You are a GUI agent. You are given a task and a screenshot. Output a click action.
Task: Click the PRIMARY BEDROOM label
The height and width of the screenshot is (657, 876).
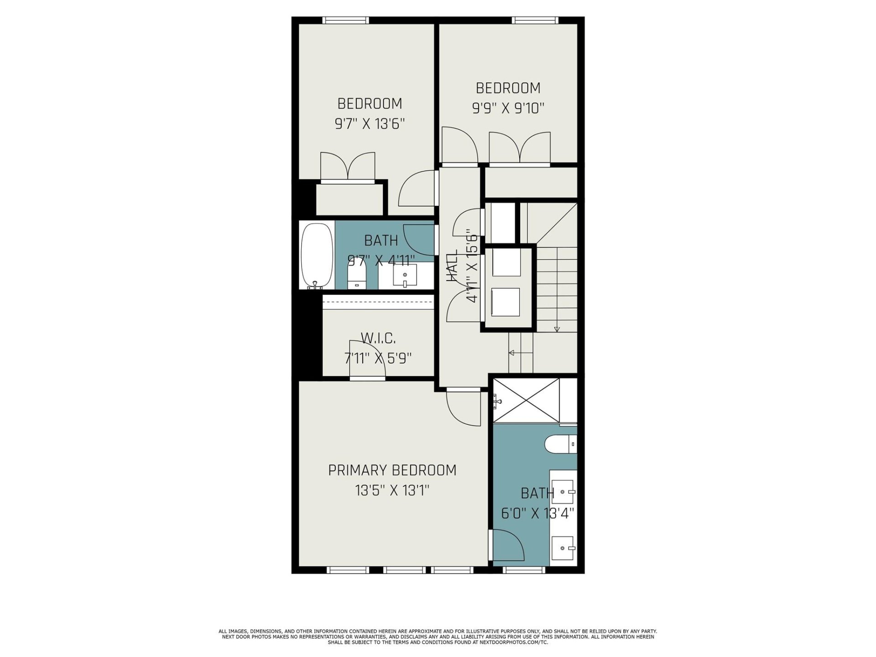[392, 470]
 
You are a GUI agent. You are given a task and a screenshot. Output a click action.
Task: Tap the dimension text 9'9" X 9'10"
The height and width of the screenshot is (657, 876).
[508, 109]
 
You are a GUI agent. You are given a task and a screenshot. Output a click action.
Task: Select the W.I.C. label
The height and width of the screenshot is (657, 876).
[378, 339]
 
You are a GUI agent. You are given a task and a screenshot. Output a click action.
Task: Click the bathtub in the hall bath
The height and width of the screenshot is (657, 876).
[316, 255]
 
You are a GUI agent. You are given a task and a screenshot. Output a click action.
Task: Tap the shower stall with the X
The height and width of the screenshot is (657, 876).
[527, 400]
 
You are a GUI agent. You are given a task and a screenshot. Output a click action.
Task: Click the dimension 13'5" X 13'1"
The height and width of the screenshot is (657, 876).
[392, 491]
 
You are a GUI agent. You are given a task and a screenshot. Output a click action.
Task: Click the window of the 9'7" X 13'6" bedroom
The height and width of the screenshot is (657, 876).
[345, 20]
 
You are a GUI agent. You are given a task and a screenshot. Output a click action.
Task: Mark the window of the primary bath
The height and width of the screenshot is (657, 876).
[523, 570]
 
